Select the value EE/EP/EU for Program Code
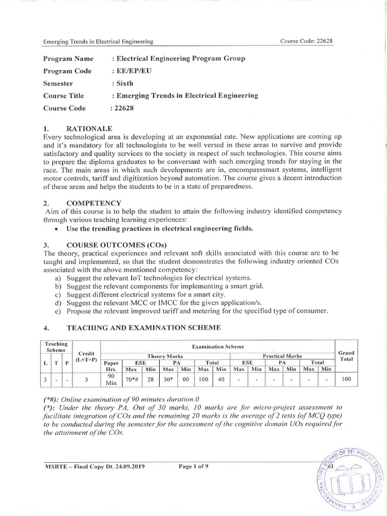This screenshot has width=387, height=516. (x=132, y=71)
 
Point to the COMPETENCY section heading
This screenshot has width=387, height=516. (x=95, y=203)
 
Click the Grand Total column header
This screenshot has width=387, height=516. (x=346, y=356)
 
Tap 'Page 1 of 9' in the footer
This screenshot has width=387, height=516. (x=193, y=466)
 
